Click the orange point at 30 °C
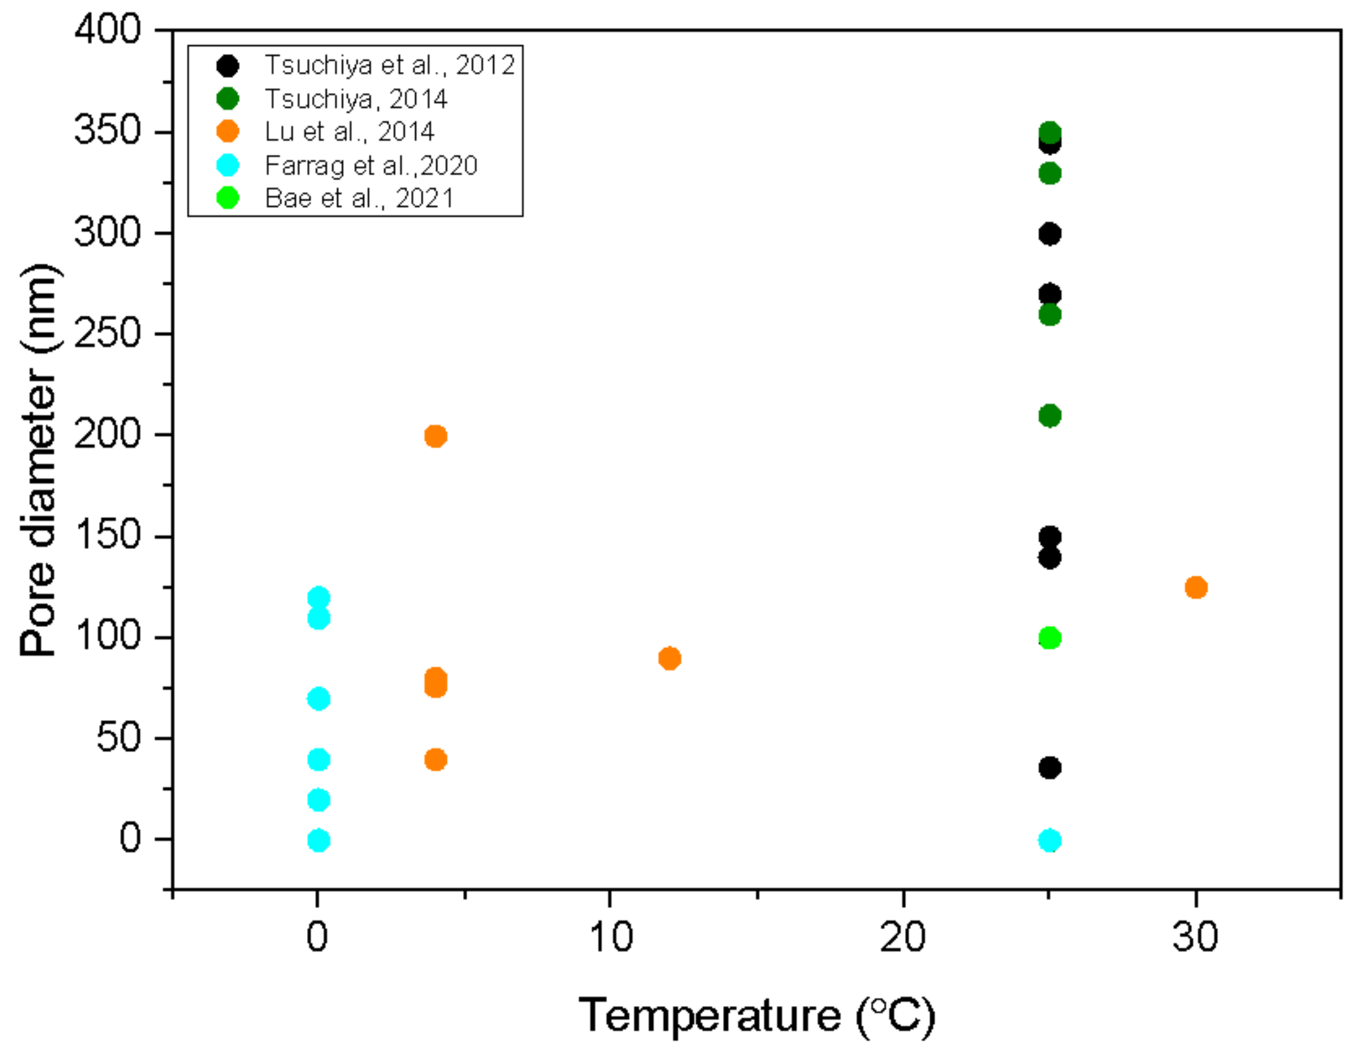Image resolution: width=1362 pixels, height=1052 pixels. (1196, 587)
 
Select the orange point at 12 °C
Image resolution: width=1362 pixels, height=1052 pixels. (669, 658)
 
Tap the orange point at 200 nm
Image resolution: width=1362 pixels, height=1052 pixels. (435, 436)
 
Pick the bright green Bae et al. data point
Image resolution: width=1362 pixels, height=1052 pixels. (1049, 638)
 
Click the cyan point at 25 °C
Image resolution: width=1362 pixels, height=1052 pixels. (1049, 840)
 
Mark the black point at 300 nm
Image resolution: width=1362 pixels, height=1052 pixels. (1049, 234)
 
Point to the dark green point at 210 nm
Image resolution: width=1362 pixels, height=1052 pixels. (1049, 415)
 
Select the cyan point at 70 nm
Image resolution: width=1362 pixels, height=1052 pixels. (318, 699)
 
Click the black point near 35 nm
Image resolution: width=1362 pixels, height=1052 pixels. (1049, 768)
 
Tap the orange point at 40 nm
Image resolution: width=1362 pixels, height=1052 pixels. (435, 759)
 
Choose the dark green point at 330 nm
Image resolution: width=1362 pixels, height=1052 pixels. (1049, 174)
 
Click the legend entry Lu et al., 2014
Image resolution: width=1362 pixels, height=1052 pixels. (349, 132)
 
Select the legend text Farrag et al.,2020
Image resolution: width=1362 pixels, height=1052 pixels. (371, 165)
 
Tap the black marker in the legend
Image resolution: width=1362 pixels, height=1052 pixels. (228, 65)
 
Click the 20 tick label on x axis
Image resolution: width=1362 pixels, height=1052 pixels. (903, 937)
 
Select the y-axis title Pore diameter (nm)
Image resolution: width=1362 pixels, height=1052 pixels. (39, 460)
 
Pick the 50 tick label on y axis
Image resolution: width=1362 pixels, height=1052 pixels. (118, 738)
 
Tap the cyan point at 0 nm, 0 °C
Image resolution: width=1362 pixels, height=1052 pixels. (318, 840)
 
